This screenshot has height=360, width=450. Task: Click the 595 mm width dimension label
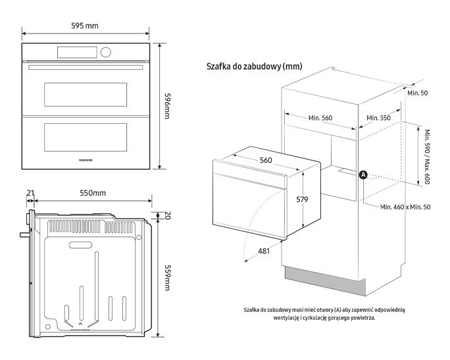(x=85, y=26)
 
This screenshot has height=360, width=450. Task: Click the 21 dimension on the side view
(x=30, y=193)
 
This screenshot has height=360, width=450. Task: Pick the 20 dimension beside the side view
(x=167, y=215)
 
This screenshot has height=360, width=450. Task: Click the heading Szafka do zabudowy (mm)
(x=254, y=66)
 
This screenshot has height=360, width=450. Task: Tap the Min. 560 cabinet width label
(x=320, y=118)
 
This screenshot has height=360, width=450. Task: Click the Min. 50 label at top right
(x=417, y=93)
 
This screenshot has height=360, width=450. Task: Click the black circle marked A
(x=362, y=174)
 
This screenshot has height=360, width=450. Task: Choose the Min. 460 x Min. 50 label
(x=405, y=207)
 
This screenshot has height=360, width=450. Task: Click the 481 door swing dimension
(x=263, y=251)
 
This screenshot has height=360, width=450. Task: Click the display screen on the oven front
(x=78, y=51)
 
